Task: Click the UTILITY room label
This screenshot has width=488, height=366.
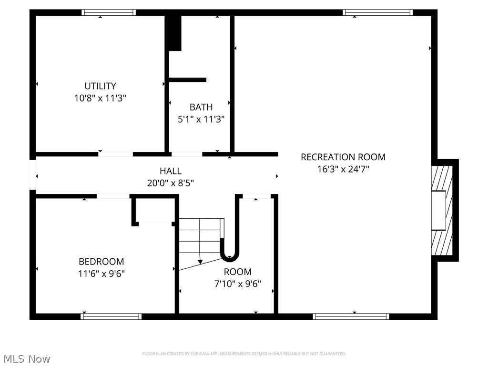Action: pos(100,86)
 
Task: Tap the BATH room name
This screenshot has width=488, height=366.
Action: pos(201,107)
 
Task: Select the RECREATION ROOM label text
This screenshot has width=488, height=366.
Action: pos(343,157)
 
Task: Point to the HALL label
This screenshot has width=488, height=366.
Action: pos(170,171)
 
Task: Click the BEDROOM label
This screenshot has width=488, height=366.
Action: pos(101,262)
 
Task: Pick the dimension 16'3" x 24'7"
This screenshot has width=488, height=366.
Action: pos(343,169)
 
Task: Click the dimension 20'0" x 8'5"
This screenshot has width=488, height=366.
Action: pos(170,183)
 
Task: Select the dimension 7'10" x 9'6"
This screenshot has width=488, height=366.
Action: pos(237,284)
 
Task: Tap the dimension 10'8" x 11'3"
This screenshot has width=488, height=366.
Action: pos(100,98)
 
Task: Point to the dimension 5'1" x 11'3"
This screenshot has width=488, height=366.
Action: pos(201,119)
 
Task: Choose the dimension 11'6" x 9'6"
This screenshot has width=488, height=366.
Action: pos(101,274)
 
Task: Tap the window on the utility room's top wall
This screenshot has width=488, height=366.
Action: pos(109,13)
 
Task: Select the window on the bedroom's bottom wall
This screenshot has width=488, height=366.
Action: pos(112,316)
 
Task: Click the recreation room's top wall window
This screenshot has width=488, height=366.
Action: pos(377,13)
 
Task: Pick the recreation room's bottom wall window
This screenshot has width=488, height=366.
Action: pos(351,316)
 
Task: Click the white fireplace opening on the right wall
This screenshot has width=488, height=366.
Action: pos(438,210)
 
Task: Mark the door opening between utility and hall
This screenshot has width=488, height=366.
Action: pos(115,154)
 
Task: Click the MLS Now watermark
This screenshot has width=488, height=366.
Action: pos(26,358)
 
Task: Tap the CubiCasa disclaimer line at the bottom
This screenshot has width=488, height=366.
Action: pos(244,354)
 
